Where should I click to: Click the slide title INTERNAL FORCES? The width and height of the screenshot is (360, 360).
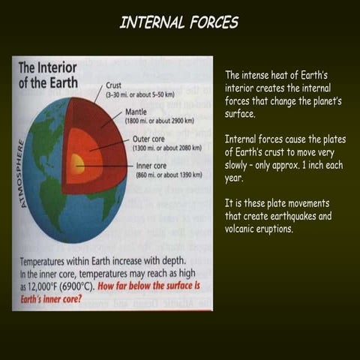[179, 22]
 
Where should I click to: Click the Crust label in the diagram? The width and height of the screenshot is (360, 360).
[115, 85]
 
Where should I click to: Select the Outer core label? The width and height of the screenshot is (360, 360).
[149, 139]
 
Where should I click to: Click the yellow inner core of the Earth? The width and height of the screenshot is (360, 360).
[77, 163]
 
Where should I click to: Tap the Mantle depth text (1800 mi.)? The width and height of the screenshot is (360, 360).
[160, 121]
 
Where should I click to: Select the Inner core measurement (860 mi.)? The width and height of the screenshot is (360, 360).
[169, 174]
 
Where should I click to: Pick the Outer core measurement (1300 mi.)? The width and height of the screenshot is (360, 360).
[169, 148]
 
